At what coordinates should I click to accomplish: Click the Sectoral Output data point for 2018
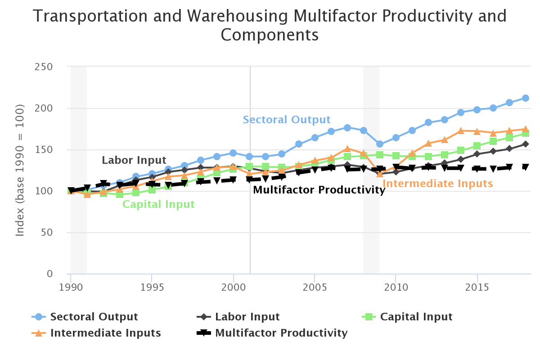[x=525, y=98]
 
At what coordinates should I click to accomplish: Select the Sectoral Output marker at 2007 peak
[x=347, y=128]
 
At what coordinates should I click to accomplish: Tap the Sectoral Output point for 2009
[x=379, y=144]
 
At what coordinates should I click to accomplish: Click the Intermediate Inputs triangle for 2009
[x=379, y=174]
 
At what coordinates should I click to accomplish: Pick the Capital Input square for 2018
[x=525, y=133]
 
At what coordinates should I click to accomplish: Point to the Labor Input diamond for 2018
[x=525, y=144]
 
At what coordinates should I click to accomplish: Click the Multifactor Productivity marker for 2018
[x=525, y=167]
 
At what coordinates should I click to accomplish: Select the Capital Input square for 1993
[x=120, y=194]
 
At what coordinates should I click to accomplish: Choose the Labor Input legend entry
[x=247, y=317]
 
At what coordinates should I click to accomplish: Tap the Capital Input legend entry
[x=416, y=317]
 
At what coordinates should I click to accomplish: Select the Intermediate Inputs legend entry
[x=105, y=333]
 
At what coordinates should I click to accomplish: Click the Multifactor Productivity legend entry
[x=281, y=333]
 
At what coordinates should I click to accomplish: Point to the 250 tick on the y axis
[x=44, y=67]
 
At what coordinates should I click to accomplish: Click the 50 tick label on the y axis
[x=47, y=233]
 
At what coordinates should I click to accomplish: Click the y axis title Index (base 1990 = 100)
[x=20, y=170]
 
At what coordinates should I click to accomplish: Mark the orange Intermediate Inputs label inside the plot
[x=437, y=184]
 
